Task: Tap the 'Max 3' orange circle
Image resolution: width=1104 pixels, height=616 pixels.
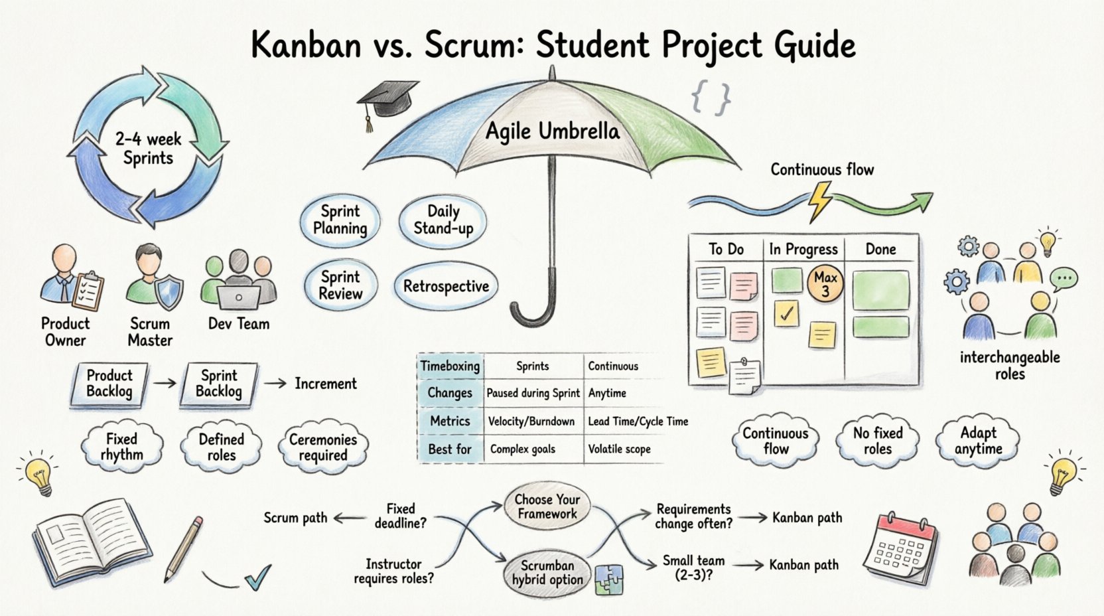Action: [825, 284]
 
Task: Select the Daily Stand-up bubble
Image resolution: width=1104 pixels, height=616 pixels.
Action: [443, 220]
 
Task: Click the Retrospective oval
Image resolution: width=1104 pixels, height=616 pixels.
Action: [446, 287]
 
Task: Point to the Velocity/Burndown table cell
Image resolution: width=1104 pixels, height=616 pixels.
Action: [531, 422]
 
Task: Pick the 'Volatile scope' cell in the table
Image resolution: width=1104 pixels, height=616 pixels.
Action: [619, 449]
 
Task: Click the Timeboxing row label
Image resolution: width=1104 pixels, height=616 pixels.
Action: [450, 366]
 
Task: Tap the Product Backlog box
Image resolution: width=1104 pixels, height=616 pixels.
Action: [109, 384]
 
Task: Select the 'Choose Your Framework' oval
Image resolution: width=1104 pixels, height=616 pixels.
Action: [547, 506]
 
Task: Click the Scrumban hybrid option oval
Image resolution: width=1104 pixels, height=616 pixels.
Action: [547, 573]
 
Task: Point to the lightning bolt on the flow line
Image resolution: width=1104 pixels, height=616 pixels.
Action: [820, 200]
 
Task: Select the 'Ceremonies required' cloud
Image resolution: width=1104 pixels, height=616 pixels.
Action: [323, 447]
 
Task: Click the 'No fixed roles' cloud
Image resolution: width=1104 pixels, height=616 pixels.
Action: [877, 441]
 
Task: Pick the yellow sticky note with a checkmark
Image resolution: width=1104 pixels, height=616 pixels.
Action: [787, 313]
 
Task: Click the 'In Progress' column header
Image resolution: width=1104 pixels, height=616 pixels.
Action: [803, 250]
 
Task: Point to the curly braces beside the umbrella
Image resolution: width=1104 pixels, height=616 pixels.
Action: [711, 98]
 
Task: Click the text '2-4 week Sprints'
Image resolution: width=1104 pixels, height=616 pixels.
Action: [148, 149]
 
